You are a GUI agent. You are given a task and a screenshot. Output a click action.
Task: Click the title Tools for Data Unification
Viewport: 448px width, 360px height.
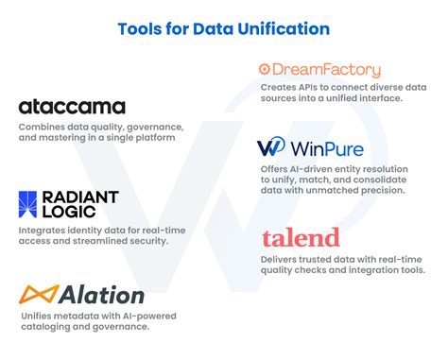[224, 28]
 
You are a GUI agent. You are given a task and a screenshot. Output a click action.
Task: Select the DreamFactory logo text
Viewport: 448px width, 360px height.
[327, 69]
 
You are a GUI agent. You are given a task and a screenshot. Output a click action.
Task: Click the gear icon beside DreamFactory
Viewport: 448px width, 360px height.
[265, 69]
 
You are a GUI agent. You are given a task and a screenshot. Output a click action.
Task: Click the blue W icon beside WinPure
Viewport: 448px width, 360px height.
[271, 148]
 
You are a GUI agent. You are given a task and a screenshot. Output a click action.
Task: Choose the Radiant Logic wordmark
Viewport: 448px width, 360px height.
[81, 204]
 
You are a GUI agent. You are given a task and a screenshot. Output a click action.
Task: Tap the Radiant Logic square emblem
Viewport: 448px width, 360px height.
[29, 204]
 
